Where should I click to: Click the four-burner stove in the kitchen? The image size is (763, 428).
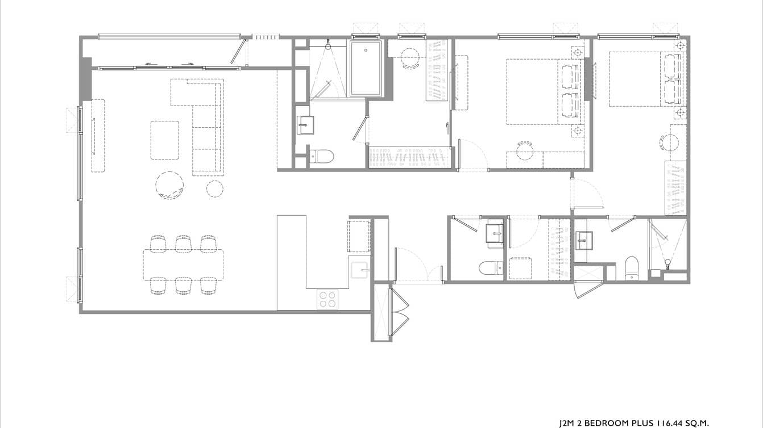pos(327,299)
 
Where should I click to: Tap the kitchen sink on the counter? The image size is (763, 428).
pos(359,270)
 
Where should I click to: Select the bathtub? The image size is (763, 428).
pos(366,69)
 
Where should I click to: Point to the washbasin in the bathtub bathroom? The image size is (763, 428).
pos(305,125)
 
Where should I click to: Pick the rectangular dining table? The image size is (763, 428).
pos(183,265)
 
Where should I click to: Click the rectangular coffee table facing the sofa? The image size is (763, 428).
pos(165,140)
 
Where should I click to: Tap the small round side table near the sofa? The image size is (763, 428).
pos(214,188)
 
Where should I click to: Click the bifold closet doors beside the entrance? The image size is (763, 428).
pos(400,312)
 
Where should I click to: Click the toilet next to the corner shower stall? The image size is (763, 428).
pos(631,268)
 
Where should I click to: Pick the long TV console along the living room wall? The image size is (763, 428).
pos(98,135)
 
